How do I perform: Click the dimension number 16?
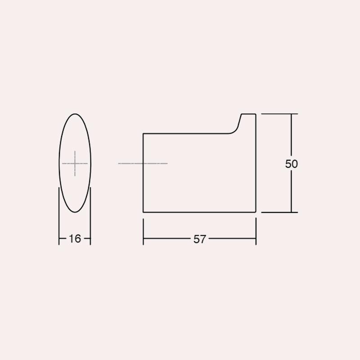[x=75, y=239]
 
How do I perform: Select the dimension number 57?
[x=199, y=239]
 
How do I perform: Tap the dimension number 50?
[x=291, y=164]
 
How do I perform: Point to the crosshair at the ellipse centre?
[x=75, y=163]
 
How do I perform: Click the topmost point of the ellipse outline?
[x=75, y=114]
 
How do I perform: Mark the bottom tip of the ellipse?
[x=75, y=212]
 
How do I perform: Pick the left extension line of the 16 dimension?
[x=59, y=216]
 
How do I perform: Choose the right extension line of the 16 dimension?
[x=90, y=216]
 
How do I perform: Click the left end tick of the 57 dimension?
[x=143, y=232]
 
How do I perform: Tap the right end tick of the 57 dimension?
[x=256, y=232]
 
